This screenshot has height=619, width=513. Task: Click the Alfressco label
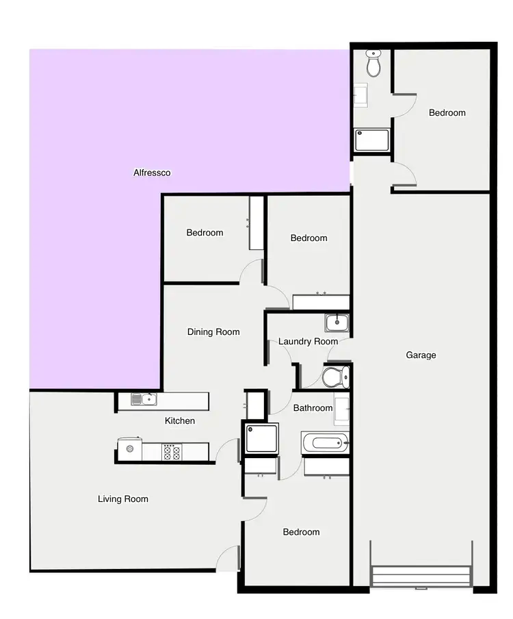click(x=152, y=173)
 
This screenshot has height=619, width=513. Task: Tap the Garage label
click(x=421, y=355)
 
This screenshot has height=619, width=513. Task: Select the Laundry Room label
click(x=308, y=342)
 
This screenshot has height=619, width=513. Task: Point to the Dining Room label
click(x=213, y=332)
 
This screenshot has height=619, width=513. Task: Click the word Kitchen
click(x=180, y=421)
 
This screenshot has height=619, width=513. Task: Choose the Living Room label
click(x=123, y=499)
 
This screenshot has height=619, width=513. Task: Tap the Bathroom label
click(x=313, y=408)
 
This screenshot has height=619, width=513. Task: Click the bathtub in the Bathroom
click(x=325, y=442)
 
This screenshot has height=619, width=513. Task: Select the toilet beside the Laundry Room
click(x=335, y=377)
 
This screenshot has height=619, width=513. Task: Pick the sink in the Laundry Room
click(x=336, y=323)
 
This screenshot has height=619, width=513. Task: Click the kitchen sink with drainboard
click(x=144, y=400)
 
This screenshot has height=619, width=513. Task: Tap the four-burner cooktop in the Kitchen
click(x=170, y=452)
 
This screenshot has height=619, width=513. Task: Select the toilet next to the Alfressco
click(x=373, y=64)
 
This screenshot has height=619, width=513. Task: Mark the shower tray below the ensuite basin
click(x=371, y=140)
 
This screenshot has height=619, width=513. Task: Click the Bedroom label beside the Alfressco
click(x=205, y=233)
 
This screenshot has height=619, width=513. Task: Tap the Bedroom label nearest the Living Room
click(x=301, y=532)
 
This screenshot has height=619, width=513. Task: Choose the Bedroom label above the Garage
click(x=447, y=113)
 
